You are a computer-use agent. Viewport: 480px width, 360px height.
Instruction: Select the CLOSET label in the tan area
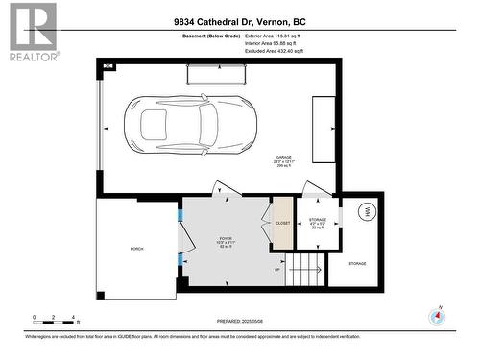coord(283,223)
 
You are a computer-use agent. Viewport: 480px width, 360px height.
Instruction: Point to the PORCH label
coord(137,249)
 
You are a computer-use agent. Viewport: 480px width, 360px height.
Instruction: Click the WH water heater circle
coord(366,211)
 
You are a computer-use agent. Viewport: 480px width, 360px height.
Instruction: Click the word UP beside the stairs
coord(279,270)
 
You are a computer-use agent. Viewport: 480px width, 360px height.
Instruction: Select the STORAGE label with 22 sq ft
coord(317,223)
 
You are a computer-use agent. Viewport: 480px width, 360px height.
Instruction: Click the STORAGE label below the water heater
coord(357,262)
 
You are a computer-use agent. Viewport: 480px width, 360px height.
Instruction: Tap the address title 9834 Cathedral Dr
coord(239,21)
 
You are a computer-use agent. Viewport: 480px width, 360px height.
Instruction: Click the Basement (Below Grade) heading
coord(210,36)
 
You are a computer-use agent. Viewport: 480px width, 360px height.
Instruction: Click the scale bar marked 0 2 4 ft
coord(55,318)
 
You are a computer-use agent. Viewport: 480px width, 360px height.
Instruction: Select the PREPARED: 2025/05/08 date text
coord(239,322)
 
